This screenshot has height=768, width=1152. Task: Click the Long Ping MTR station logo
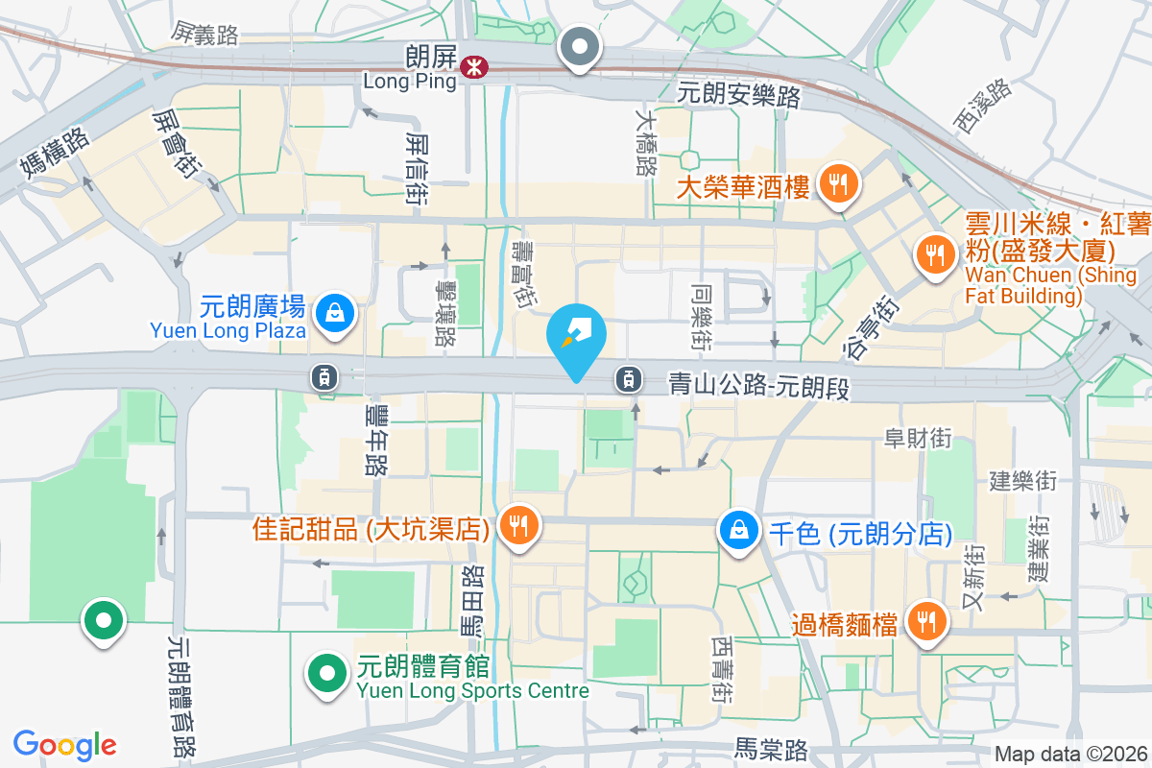(472, 66)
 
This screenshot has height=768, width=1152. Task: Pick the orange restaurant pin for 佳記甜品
(518, 525)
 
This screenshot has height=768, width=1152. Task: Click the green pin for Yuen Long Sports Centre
(326, 672)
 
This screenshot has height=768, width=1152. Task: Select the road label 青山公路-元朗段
(758, 387)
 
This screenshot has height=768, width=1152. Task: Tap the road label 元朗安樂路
(738, 94)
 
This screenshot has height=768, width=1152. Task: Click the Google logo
(65, 745)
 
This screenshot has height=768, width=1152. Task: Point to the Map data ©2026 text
(1069, 754)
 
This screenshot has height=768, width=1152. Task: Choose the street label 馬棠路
(771, 749)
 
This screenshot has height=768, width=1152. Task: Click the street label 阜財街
(918, 439)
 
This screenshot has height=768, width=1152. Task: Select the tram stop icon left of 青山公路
(628, 379)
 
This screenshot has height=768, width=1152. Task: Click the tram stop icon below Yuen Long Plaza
(325, 377)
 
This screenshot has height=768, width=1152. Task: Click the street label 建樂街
(1022, 477)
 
